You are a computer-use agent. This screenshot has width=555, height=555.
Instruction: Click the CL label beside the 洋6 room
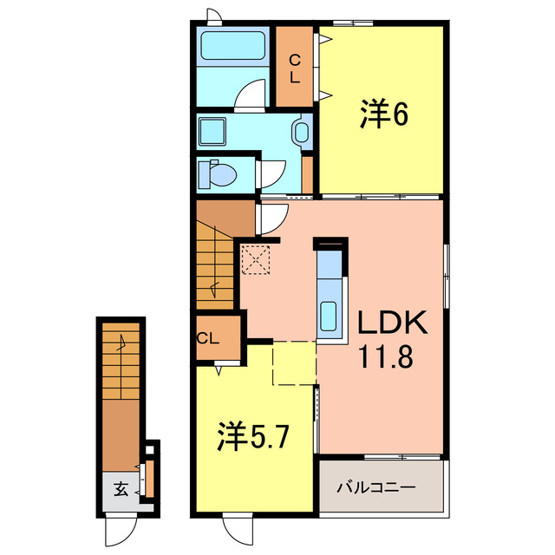295,68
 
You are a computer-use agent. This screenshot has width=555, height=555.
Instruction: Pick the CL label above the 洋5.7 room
207,338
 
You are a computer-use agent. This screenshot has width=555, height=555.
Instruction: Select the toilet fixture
217,174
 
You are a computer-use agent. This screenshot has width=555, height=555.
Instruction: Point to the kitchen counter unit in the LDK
330,291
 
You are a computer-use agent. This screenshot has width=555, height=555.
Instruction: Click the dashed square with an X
256,259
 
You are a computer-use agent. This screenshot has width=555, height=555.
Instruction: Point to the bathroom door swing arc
251,93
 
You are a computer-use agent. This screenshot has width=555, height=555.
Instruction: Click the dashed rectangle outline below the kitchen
294,362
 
